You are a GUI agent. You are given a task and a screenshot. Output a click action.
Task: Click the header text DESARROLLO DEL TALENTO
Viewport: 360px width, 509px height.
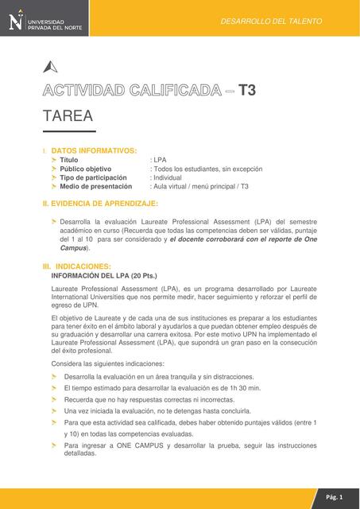click(271, 21)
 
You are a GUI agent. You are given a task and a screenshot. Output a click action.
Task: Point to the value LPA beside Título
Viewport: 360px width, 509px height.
click(158, 160)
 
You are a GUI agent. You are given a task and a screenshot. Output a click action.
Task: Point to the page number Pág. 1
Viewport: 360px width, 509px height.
click(334, 497)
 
